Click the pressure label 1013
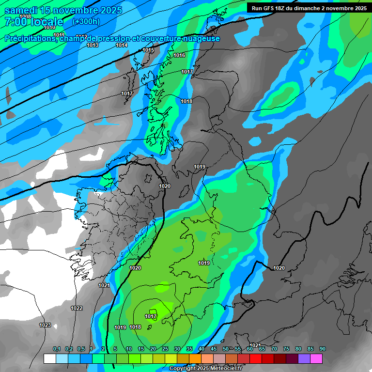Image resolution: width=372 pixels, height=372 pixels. point(93,46)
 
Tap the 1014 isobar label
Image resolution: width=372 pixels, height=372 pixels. point(122,46)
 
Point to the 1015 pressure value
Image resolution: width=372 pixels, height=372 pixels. point(148,50)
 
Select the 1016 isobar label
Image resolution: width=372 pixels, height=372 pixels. point(179,56)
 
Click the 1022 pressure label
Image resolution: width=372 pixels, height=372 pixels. point(77,308)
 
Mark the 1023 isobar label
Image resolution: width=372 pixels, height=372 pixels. point(45,325)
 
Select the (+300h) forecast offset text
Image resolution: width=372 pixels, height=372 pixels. point(86,21)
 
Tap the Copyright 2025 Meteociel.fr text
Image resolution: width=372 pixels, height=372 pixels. point(205,369)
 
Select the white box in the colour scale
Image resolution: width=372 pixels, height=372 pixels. point(49,358)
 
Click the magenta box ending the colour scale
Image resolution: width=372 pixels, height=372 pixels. point(316,358)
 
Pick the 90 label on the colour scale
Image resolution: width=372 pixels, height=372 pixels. point(322,349)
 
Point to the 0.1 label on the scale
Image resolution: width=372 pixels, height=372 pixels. point(56,349)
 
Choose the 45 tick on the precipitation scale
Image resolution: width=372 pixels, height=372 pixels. point(214,349)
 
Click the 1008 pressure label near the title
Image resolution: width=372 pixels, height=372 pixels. point(25,16)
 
